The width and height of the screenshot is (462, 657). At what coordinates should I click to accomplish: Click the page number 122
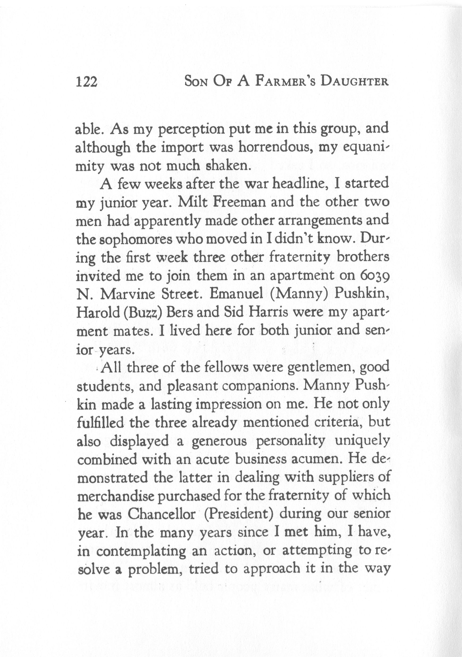point(87,82)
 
